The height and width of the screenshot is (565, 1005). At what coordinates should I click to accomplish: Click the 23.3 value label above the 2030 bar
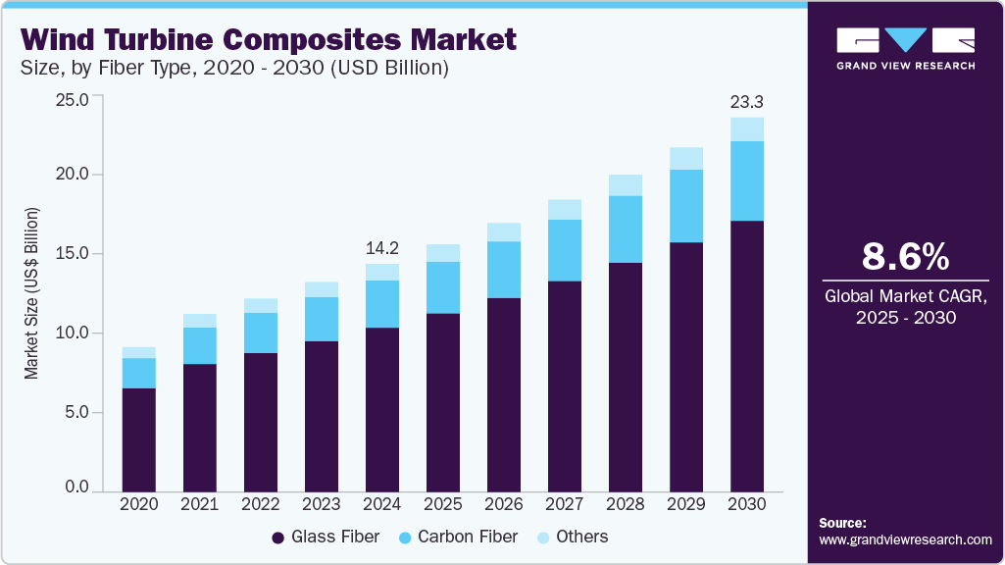tap(747, 101)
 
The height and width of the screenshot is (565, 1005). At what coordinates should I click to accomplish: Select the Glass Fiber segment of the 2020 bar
tap(138, 439)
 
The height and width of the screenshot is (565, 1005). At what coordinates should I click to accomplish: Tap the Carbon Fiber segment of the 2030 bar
tap(747, 180)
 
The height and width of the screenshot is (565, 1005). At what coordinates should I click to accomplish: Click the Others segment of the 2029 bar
tap(686, 158)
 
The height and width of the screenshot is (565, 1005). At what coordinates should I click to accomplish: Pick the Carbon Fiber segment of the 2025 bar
tap(443, 287)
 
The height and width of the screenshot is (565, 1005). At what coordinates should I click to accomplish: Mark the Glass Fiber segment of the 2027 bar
tap(565, 385)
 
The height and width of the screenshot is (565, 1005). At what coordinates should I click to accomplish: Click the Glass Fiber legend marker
tap(278, 538)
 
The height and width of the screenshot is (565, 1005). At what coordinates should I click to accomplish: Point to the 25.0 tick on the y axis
tap(74, 99)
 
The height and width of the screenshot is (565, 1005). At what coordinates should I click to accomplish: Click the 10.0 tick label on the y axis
tap(74, 334)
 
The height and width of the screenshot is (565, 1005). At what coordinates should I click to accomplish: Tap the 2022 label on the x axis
tap(261, 503)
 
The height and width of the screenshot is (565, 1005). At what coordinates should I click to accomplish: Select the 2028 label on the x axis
tap(626, 503)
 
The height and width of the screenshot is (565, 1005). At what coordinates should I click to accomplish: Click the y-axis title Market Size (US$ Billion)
tap(32, 294)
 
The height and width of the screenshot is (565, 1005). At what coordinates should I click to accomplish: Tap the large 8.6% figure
tap(905, 257)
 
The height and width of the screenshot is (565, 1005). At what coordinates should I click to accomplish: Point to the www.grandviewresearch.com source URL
tap(905, 539)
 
